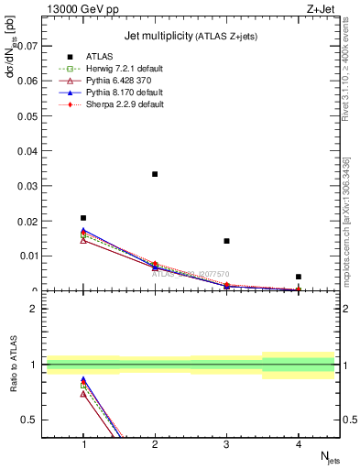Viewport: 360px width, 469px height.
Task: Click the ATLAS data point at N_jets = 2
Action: click(x=155, y=174)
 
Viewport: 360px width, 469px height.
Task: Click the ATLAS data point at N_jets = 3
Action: click(x=226, y=241)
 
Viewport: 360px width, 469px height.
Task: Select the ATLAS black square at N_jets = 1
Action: click(x=83, y=218)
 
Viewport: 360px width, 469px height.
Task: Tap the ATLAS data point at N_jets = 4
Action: click(x=299, y=277)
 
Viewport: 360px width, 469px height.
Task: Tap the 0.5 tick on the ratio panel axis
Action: click(x=33, y=420)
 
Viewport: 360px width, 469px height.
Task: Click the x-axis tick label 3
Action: click(x=226, y=444)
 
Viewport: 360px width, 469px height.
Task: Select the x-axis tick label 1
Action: click(x=83, y=444)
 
